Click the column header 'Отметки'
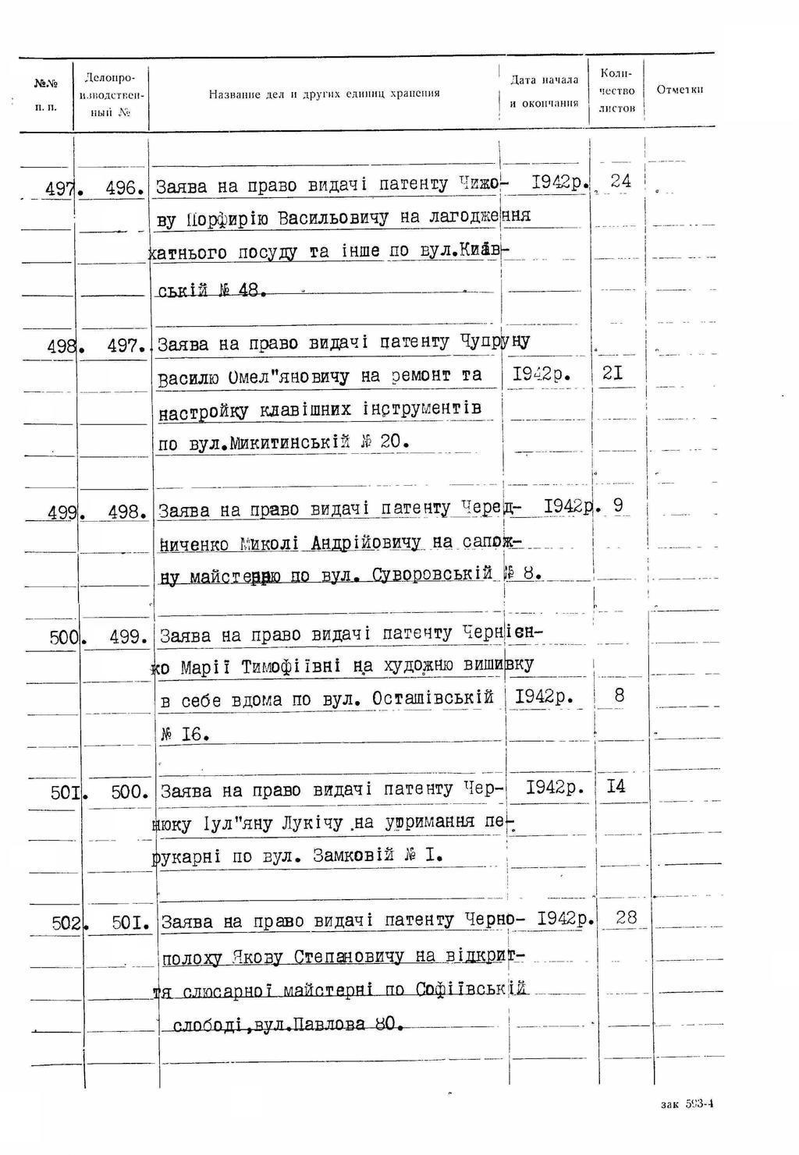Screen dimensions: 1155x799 point(680,90)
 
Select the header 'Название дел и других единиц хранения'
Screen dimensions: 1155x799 point(324,94)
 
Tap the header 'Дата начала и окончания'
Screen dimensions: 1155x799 point(544,90)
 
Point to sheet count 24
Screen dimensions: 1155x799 point(621,181)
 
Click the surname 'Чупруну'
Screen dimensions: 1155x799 point(495,342)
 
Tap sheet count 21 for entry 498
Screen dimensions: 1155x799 point(613,374)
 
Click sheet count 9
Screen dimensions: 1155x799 point(618,506)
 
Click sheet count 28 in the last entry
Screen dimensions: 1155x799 point(626,918)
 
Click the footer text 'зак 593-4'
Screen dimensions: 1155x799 point(687,1104)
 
